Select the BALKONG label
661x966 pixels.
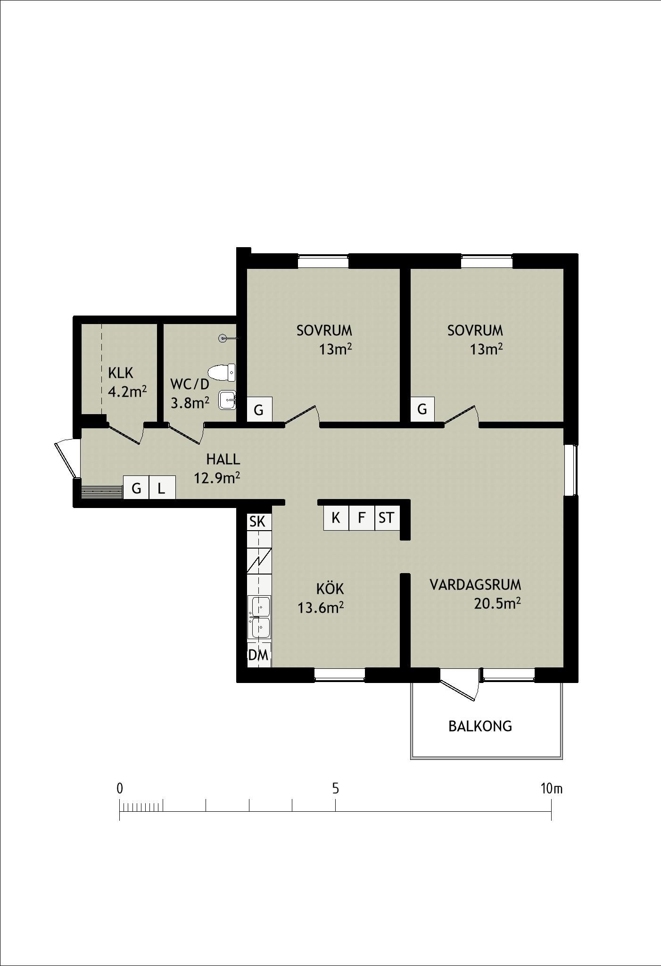[480, 726]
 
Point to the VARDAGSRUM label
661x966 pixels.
[475, 585]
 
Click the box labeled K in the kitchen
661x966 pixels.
[336, 518]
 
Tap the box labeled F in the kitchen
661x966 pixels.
[362, 518]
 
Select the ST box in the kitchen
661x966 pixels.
[387, 518]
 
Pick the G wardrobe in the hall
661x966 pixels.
[136, 488]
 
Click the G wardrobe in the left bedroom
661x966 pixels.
[259, 410]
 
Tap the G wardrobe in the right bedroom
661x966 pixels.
[422, 409]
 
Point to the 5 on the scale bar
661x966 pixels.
[335, 788]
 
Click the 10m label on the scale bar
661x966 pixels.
[552, 788]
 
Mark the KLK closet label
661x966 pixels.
[121, 374]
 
